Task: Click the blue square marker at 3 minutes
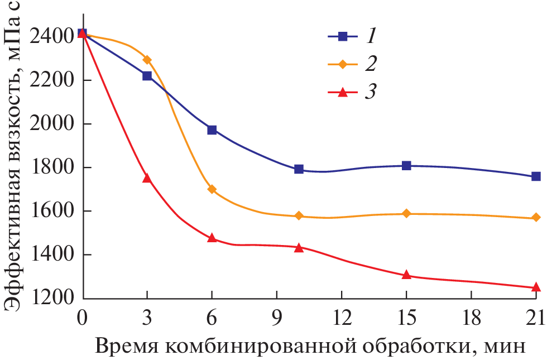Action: [x=147, y=76]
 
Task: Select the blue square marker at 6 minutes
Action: [x=212, y=130]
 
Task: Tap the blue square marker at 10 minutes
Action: [x=299, y=169]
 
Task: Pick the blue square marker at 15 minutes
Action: [x=406, y=166]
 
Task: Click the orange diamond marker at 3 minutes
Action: [x=147, y=60]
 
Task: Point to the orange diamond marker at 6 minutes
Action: [x=212, y=189]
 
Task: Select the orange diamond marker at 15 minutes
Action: [x=406, y=214]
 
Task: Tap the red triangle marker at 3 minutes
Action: [x=147, y=178]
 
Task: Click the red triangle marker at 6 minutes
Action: [x=212, y=238]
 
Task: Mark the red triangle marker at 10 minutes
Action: [x=299, y=247]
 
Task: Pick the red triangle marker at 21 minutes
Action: [x=536, y=287]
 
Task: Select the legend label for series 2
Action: [x=371, y=64]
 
